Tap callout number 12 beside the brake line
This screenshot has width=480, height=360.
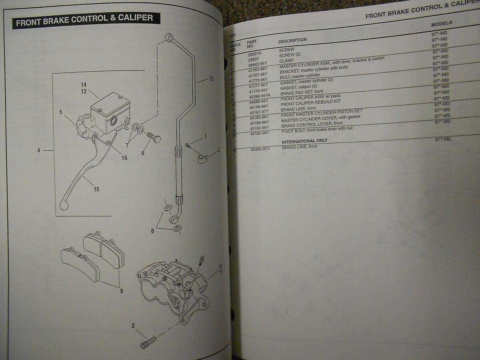coord(211,79)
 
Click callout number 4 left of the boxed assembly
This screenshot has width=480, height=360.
coord(38,151)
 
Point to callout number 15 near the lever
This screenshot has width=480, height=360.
coord(96,189)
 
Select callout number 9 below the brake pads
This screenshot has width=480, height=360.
coord(121,291)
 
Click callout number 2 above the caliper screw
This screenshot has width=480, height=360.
coord(133,326)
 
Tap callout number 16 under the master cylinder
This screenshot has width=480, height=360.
coord(124,158)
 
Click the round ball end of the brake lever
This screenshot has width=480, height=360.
coord(64,206)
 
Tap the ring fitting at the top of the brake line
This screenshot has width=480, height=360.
coord(169,38)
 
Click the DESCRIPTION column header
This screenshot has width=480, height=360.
coord(292,40)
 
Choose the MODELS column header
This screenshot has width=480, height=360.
coord(441,24)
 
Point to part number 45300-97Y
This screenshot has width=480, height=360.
coord(260,149)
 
